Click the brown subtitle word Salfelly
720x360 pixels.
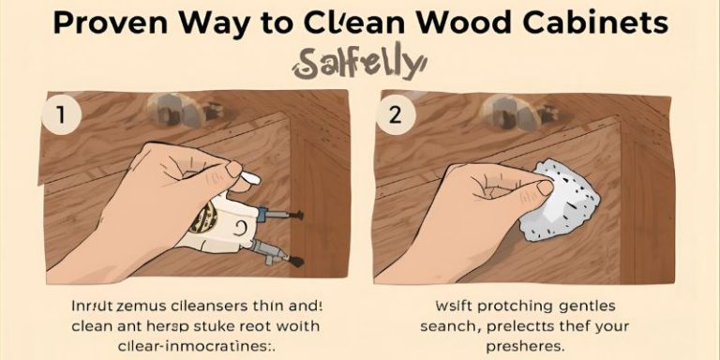359,63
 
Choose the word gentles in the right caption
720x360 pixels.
591,305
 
